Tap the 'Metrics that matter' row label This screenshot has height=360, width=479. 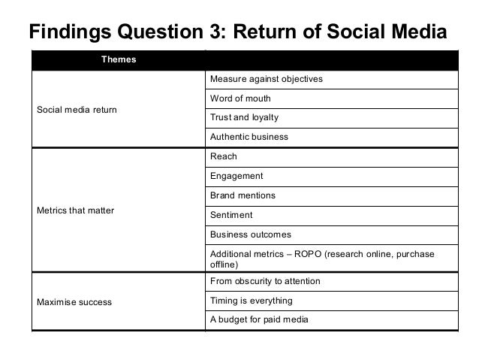[75, 210]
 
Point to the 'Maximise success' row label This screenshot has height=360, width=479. [74, 302]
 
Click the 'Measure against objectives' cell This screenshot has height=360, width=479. [267, 79]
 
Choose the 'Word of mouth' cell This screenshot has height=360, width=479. [240, 98]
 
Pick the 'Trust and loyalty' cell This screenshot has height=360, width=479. [244, 118]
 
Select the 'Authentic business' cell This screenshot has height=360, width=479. [249, 138]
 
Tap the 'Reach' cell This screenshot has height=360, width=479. [224, 156]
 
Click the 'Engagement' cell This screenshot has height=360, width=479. [236, 176]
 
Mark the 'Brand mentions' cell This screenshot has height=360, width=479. [243, 195]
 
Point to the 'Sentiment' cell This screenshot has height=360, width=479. [232, 215]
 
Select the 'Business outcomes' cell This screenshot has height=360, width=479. [250, 234]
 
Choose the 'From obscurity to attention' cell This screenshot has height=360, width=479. [265, 281]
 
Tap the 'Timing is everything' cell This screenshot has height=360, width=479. [251, 301]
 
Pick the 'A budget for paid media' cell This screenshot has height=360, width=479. [258, 320]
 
